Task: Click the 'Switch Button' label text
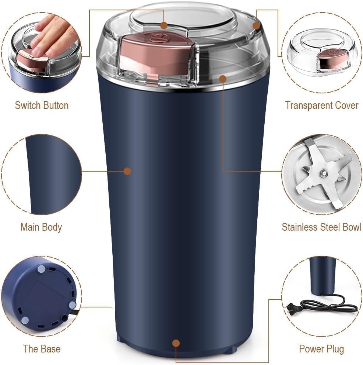tap(42, 105)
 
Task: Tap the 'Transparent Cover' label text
tap(321, 105)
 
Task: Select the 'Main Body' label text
tap(41, 227)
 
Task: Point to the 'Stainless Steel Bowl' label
tap(321, 227)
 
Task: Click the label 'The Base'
tap(42, 348)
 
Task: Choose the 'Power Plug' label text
tap(321, 348)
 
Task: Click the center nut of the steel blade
tap(323, 172)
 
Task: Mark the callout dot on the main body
tap(127, 171)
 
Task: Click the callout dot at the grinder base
tap(176, 343)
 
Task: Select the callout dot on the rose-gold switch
tap(164, 25)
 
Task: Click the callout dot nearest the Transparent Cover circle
tap(257, 25)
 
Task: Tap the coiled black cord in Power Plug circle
tap(328, 305)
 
